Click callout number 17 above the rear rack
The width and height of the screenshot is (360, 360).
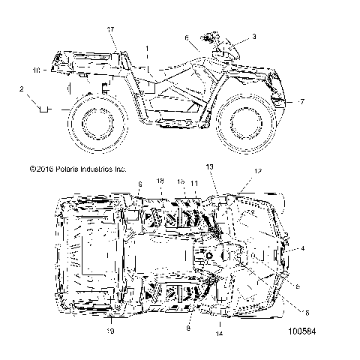[x=111, y=29]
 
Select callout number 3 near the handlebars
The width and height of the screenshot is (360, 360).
[x=253, y=36]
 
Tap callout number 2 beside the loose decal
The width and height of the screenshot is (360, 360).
[x=21, y=88]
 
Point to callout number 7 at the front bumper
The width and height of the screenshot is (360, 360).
[x=302, y=101]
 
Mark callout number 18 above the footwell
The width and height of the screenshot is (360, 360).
[x=159, y=202]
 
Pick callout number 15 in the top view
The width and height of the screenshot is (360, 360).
[x=181, y=202]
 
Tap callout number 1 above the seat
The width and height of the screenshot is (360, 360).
[x=148, y=48]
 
